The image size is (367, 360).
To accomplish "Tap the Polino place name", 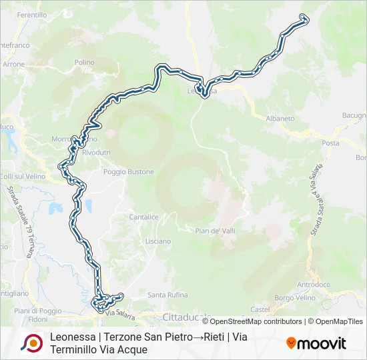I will click(85, 62).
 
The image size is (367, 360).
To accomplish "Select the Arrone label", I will click(13, 65).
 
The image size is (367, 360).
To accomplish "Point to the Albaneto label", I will click(280, 118).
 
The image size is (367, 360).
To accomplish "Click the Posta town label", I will click(330, 143).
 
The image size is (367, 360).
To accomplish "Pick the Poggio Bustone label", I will click(128, 172).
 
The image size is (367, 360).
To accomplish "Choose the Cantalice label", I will click(143, 217).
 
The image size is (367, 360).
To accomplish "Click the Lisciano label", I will click(157, 241).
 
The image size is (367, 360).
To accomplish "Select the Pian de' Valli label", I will click(214, 231).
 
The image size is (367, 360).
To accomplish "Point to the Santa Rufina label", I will click(167, 295).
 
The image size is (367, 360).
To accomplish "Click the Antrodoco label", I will click(313, 285).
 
